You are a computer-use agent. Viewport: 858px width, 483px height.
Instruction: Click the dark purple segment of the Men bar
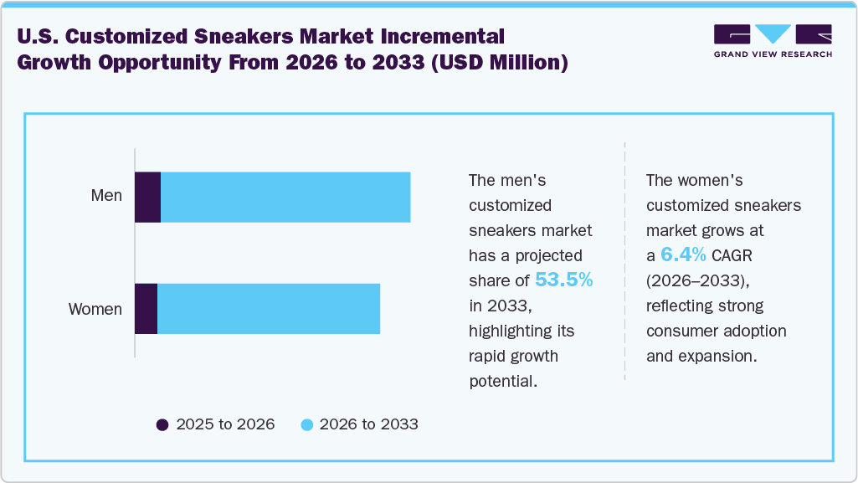click(147, 198)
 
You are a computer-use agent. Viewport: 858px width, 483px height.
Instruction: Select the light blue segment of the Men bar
click(285, 198)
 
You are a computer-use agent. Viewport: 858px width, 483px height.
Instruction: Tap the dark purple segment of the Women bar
click(146, 309)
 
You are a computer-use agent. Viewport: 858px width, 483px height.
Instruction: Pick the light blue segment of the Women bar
click(268, 309)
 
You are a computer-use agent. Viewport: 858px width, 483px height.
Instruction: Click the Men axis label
click(106, 196)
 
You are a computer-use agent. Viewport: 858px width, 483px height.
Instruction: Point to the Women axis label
click(95, 309)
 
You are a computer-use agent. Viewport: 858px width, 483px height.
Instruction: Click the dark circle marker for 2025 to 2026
click(162, 424)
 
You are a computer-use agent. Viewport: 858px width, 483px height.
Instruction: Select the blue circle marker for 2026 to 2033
click(306, 424)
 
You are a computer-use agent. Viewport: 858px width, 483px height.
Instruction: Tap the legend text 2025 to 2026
click(225, 424)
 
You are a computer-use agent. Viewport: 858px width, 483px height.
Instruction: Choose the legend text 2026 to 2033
click(369, 424)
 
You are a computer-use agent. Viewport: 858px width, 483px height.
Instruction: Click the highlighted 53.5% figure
click(564, 280)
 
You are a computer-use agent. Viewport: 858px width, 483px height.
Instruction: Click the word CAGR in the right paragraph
click(736, 255)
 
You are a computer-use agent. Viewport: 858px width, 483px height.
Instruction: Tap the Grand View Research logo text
click(772, 54)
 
